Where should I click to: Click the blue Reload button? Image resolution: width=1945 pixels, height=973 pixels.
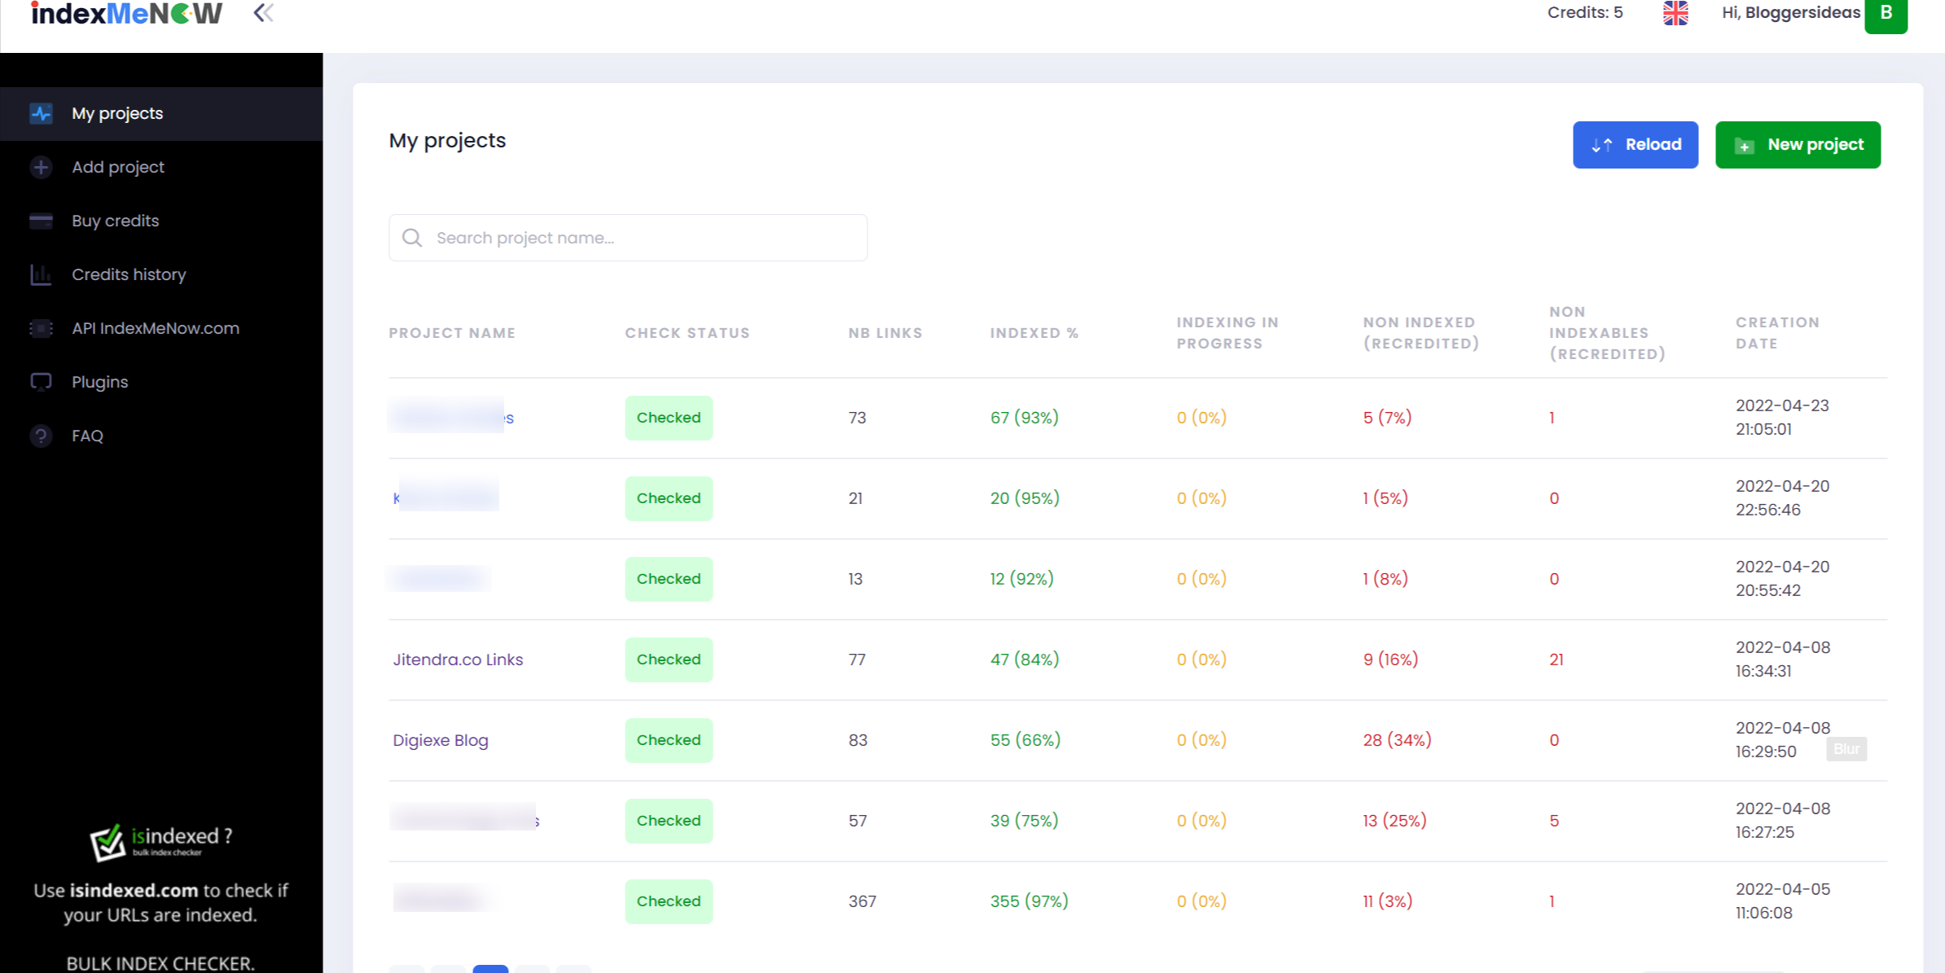1635,145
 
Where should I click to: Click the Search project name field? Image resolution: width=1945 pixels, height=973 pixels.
627,238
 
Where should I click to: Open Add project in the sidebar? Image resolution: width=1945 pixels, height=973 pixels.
117,167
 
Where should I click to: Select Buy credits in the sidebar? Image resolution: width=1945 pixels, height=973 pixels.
115,221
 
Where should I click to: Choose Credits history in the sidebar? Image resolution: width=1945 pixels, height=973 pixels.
129,274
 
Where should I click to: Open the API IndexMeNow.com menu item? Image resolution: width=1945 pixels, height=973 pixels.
155,328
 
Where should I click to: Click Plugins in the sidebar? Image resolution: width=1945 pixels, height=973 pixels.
99,382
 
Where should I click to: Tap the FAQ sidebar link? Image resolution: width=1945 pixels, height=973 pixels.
87,436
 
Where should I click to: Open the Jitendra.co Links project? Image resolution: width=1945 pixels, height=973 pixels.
458,660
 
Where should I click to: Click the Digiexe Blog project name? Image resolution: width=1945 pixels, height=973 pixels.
441,740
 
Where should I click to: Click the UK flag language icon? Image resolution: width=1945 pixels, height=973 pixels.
1675,13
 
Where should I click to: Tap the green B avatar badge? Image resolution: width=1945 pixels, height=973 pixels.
1886,14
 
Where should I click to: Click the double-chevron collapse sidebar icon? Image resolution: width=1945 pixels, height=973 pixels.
263,13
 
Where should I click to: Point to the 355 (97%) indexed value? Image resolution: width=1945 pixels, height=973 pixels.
1029,901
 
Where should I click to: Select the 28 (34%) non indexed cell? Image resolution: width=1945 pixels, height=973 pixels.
1397,740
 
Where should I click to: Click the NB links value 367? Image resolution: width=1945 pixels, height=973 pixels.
862,901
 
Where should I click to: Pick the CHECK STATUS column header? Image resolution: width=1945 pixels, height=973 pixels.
687,333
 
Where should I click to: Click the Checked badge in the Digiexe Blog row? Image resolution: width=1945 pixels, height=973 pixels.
668,740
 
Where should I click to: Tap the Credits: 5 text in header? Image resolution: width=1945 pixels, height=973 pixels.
1584,13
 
